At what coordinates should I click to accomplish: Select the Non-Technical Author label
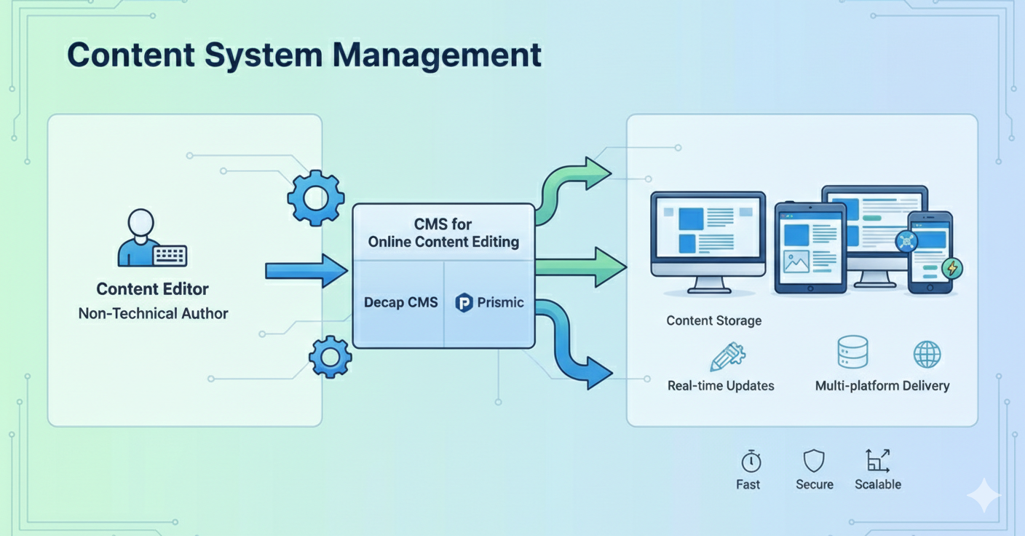click(x=153, y=314)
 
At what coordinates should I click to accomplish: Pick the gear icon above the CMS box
click(x=315, y=197)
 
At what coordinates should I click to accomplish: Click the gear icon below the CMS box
click(x=331, y=357)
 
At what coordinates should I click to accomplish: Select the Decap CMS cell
click(x=400, y=302)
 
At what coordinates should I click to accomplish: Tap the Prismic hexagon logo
click(x=464, y=302)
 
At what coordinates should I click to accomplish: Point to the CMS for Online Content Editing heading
click(x=443, y=233)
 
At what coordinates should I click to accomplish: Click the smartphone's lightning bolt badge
click(x=951, y=268)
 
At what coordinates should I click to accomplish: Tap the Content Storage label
click(x=713, y=320)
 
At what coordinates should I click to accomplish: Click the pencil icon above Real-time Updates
click(x=727, y=357)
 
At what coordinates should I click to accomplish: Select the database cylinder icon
click(x=852, y=352)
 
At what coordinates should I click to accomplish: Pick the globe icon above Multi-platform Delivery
click(x=927, y=355)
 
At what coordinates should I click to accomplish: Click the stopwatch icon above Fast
click(x=751, y=461)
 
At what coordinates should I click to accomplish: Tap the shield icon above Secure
click(x=814, y=461)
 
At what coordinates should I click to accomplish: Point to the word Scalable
click(x=877, y=484)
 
